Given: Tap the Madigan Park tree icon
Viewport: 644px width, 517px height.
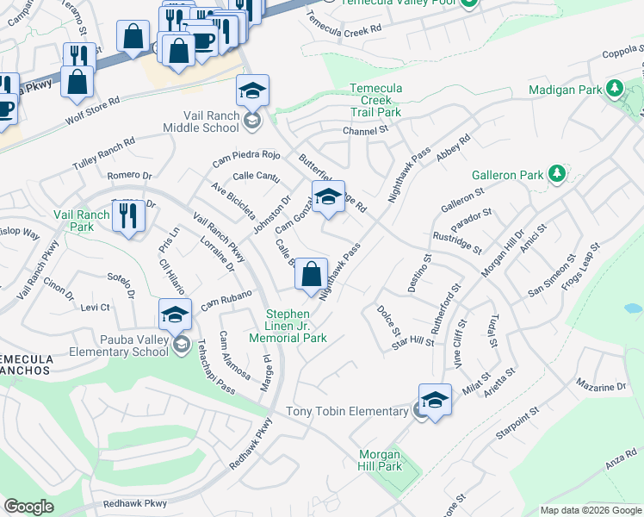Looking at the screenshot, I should [x=614, y=89].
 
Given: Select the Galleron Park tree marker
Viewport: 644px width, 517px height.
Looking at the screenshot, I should [x=556, y=175].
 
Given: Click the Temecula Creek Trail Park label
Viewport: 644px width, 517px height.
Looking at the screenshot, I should [x=375, y=100].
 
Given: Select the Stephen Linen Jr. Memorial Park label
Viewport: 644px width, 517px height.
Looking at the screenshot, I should [x=296, y=326].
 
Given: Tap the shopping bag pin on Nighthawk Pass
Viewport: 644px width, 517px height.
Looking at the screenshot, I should [x=311, y=274].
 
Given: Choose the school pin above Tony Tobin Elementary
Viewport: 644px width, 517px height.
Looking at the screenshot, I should [x=435, y=401].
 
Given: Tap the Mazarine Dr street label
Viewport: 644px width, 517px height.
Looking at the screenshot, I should [x=602, y=387].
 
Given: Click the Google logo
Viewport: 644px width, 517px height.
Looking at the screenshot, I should [x=28, y=507].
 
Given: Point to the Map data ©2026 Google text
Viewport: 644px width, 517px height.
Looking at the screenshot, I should [x=591, y=510].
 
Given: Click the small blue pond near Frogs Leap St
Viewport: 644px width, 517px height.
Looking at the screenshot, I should [x=632, y=308].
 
